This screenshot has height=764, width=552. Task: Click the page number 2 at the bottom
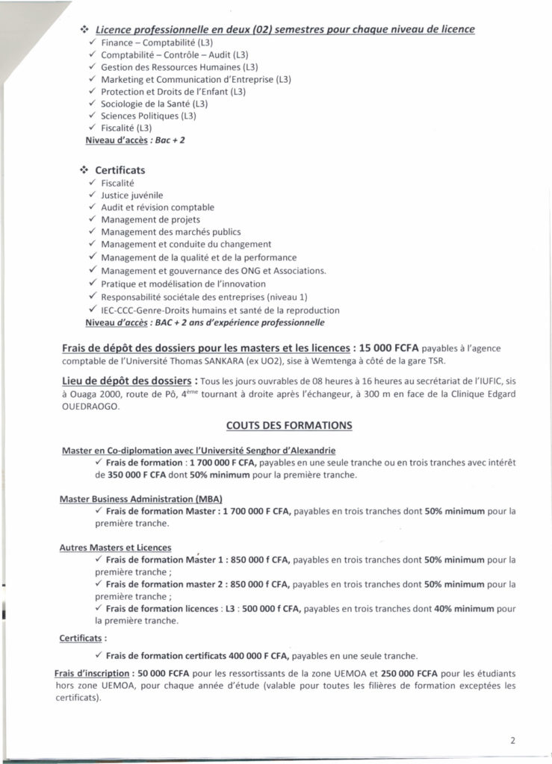click(x=513, y=740)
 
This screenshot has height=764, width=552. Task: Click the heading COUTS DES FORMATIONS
click(x=288, y=425)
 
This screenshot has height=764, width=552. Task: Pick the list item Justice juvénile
click(x=131, y=195)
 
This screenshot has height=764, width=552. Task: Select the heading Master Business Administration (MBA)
click(x=141, y=498)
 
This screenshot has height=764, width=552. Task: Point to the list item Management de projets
click(x=150, y=219)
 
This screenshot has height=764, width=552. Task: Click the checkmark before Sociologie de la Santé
click(x=92, y=104)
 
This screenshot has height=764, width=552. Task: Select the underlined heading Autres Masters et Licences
click(x=115, y=547)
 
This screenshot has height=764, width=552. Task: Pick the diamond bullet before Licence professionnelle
click(x=84, y=29)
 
